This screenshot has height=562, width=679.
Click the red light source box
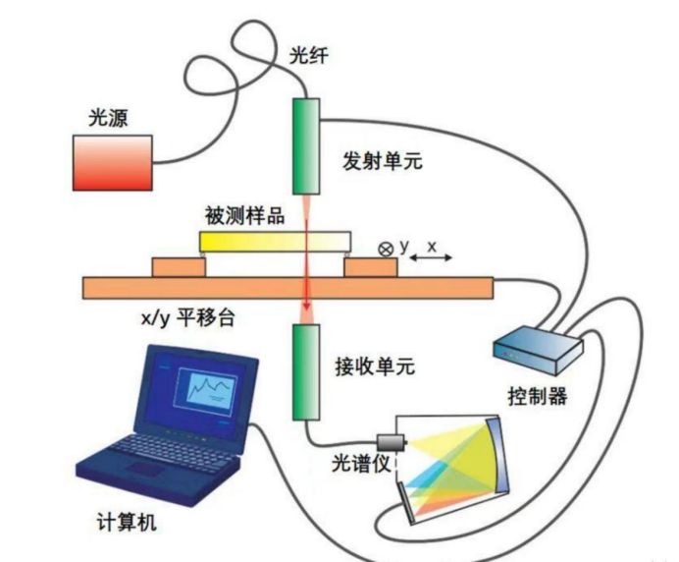(113, 163)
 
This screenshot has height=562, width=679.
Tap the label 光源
(108, 118)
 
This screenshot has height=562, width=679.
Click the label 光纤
(309, 55)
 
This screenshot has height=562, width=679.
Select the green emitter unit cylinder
(306, 146)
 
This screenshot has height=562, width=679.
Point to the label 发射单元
(383, 161)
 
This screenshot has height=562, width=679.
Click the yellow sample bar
(275, 242)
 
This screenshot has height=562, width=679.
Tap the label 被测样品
(244, 215)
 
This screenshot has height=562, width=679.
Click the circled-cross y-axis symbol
(386, 250)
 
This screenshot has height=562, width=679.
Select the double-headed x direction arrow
(431, 258)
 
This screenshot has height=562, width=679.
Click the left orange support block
(179, 267)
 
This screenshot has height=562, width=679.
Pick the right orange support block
(371, 267)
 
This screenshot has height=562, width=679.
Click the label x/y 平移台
(188, 318)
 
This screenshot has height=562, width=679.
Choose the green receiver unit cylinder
(306, 372)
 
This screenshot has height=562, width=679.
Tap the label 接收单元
(375, 366)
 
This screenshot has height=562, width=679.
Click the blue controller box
(539, 350)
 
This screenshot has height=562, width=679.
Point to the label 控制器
(538, 396)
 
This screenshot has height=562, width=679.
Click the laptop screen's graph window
(205, 387)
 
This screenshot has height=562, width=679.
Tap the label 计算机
(127, 522)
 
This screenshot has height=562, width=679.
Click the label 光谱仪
(361, 464)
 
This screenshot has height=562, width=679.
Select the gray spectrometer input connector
(392, 443)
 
